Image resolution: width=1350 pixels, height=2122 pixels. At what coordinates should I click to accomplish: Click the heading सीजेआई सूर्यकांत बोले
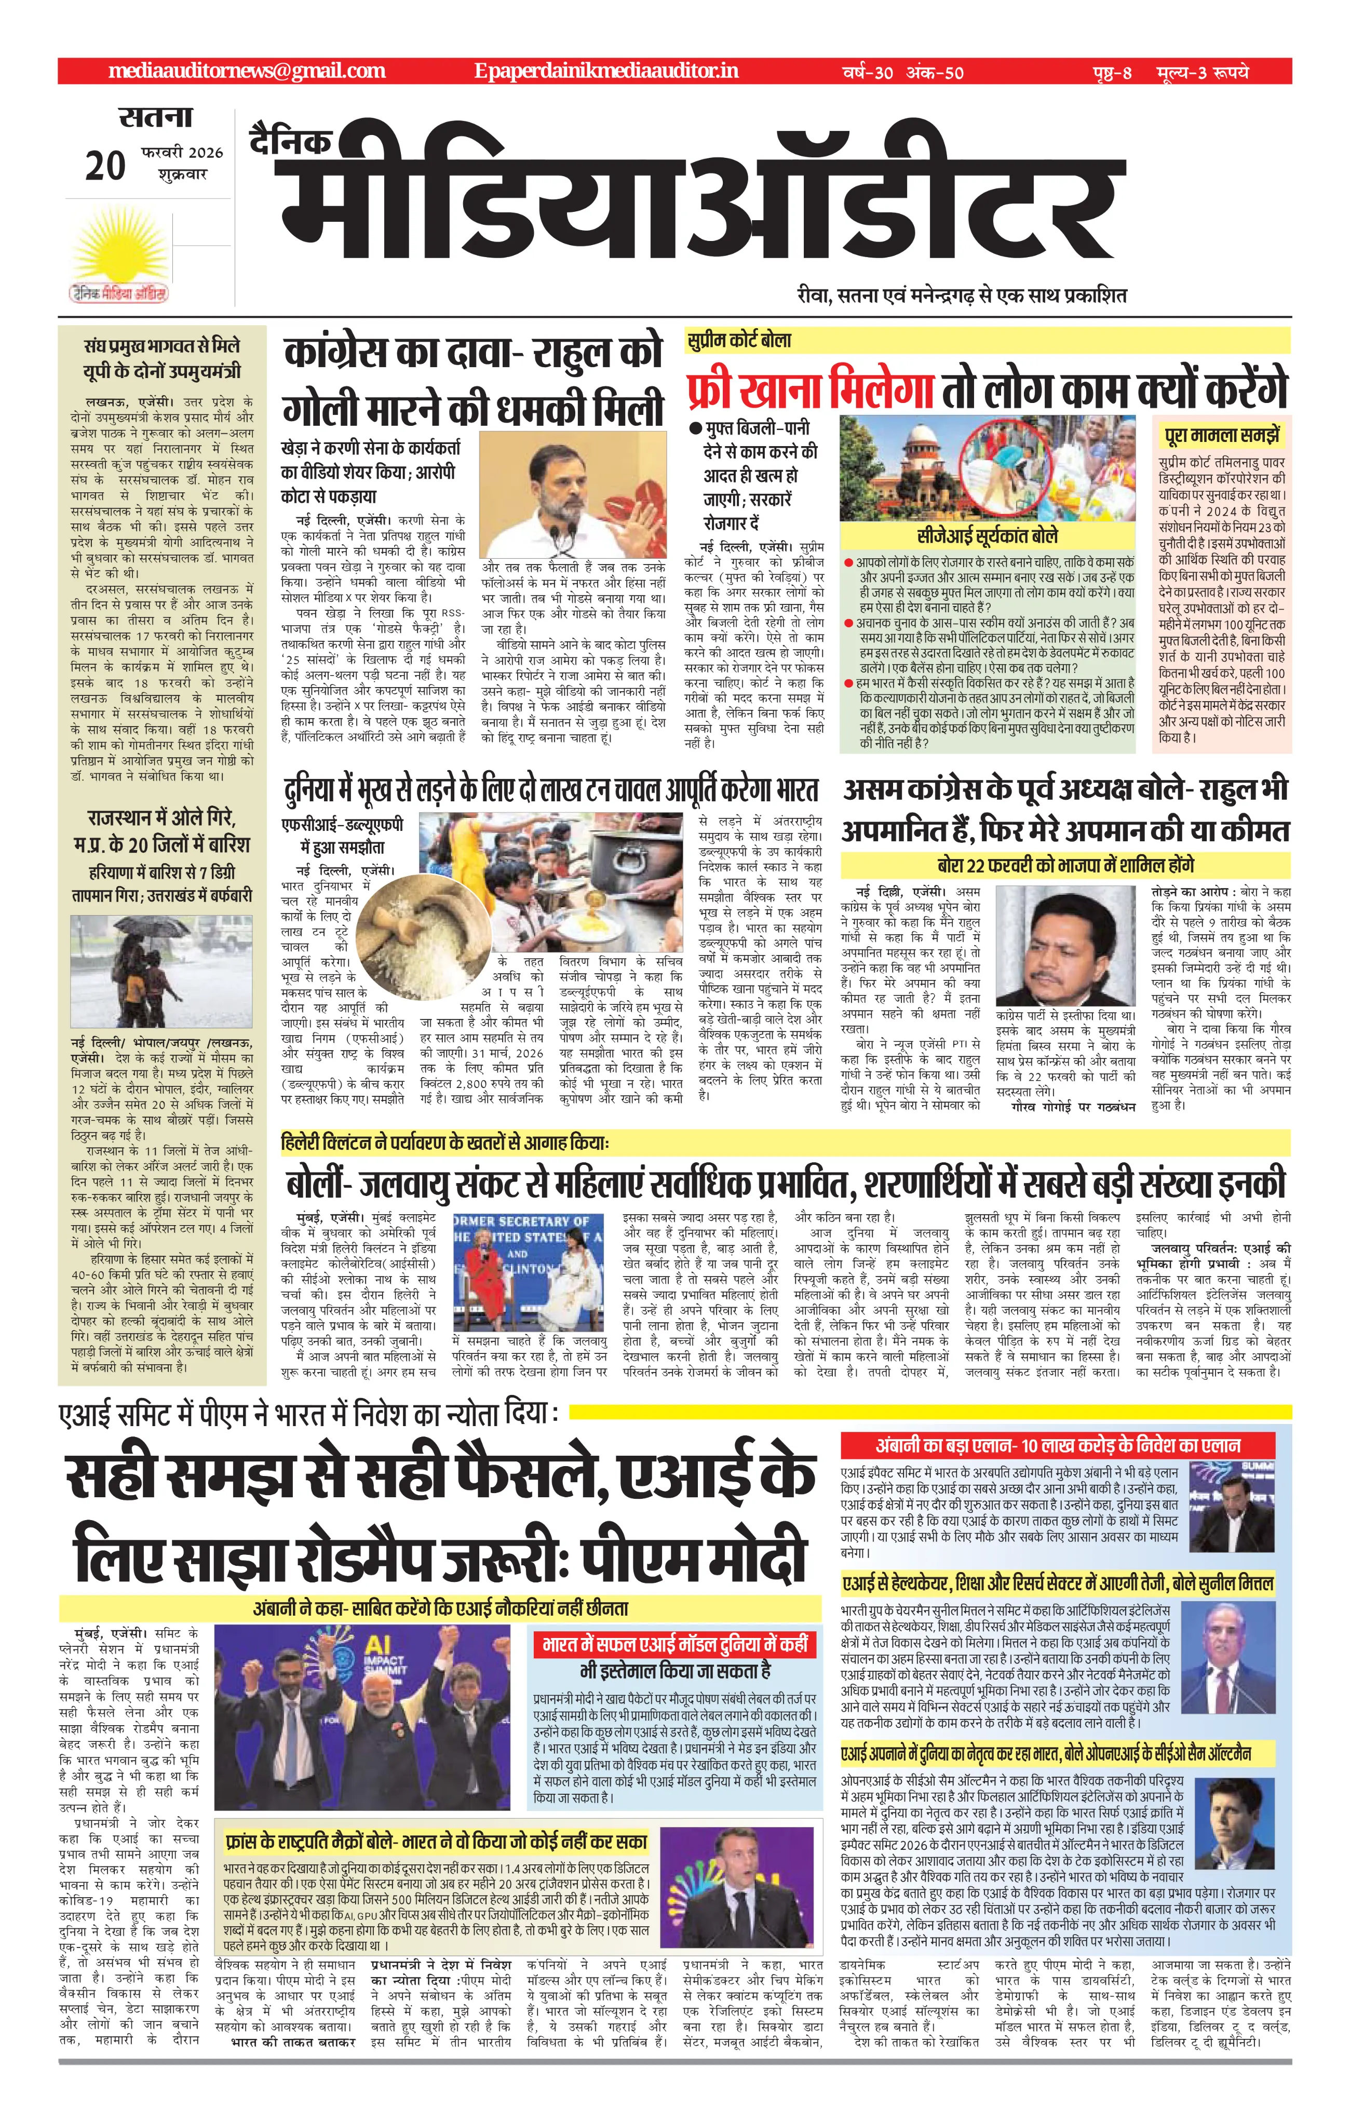[987, 536]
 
